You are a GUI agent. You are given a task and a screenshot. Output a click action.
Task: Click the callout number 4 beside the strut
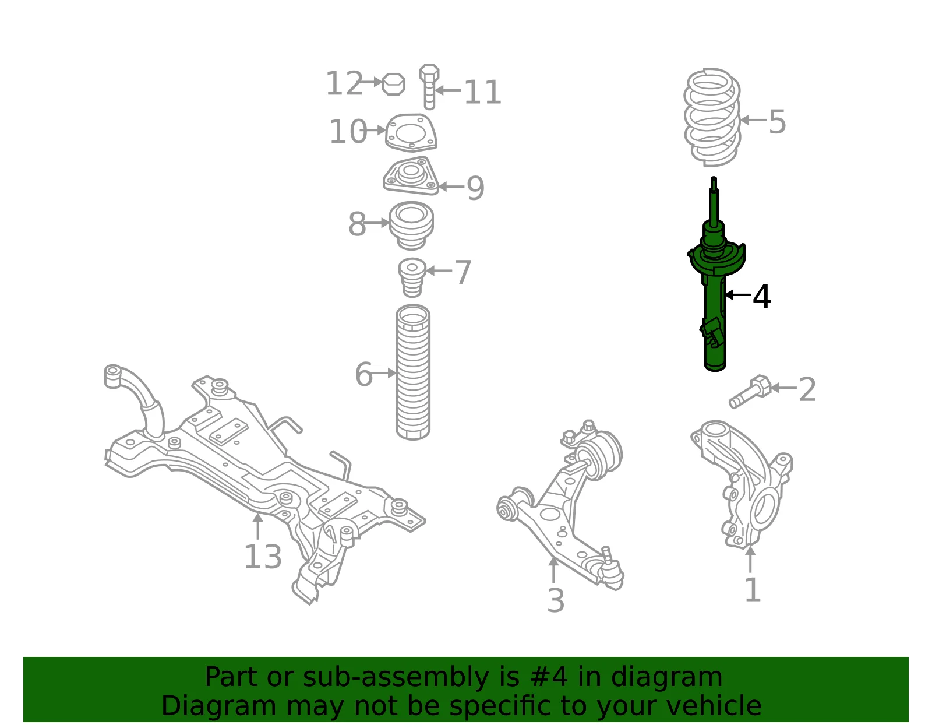[x=762, y=297]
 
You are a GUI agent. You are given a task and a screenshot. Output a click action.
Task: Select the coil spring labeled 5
[x=712, y=117]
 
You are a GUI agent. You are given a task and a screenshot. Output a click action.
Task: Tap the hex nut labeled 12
[x=393, y=84]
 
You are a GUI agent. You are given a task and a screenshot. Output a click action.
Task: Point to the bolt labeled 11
[x=429, y=87]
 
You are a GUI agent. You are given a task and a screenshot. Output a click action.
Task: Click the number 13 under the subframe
[x=263, y=557]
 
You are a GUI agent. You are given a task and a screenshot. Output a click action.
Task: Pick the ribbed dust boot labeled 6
[x=412, y=372]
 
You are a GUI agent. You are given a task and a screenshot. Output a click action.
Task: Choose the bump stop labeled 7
[x=412, y=277]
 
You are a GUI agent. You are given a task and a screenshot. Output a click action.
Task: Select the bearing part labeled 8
[x=411, y=226]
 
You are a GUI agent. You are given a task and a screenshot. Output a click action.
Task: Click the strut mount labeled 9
[x=411, y=175]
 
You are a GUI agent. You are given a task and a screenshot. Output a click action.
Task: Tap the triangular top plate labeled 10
[x=411, y=132]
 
